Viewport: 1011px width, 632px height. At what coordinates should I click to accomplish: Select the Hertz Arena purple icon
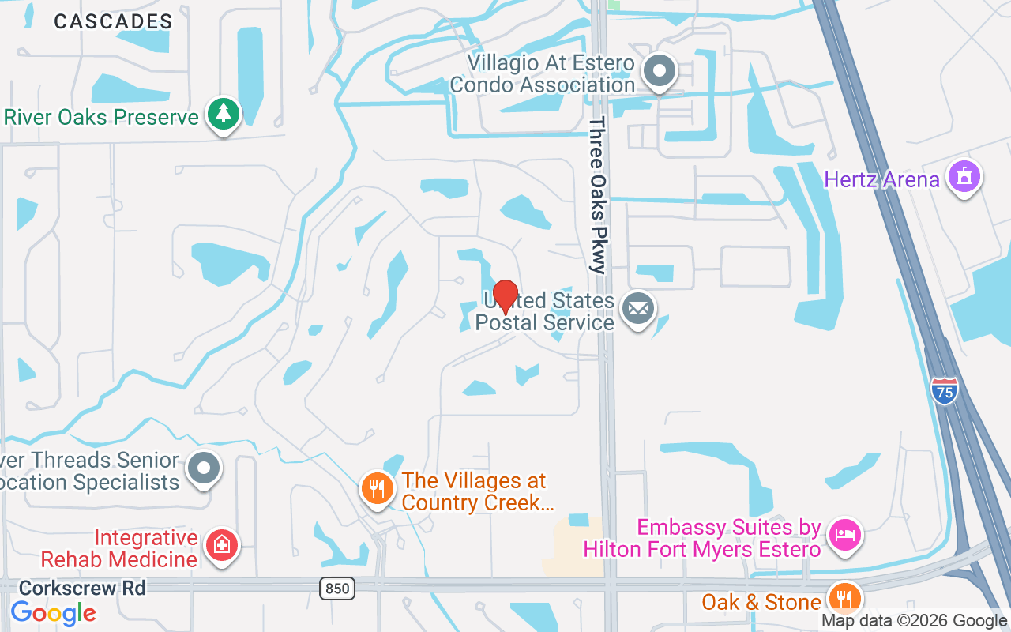[x=964, y=175]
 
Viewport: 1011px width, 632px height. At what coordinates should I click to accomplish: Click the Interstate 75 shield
[x=945, y=391]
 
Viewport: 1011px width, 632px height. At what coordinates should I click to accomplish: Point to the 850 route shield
[x=337, y=588]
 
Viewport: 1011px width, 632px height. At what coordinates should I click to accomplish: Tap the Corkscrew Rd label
[x=82, y=588]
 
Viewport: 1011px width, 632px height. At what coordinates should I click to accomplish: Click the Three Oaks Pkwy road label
[x=598, y=195]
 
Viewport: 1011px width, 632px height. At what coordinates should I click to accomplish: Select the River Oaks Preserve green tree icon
[x=224, y=114]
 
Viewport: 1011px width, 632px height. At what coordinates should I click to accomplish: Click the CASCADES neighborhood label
[x=113, y=21]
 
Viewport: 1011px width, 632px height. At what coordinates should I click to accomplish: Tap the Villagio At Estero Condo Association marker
[x=659, y=71]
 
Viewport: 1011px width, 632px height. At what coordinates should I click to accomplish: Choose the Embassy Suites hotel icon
[x=845, y=536]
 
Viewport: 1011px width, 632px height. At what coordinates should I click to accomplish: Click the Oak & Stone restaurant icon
[x=845, y=598]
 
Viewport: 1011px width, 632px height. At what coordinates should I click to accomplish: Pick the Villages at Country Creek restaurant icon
[x=378, y=488]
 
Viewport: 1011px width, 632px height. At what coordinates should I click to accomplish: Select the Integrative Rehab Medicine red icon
[x=222, y=544]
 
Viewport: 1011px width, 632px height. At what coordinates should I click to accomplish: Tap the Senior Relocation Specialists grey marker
[x=205, y=468]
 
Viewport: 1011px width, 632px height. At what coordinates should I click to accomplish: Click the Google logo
[x=54, y=612]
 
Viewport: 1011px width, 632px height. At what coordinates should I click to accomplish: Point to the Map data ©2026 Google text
[x=914, y=621]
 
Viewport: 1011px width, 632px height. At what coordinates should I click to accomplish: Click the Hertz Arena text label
[x=881, y=179]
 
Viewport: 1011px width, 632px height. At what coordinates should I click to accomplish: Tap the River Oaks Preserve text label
[x=101, y=118]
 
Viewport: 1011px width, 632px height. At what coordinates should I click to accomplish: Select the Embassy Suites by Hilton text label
[x=702, y=538]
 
